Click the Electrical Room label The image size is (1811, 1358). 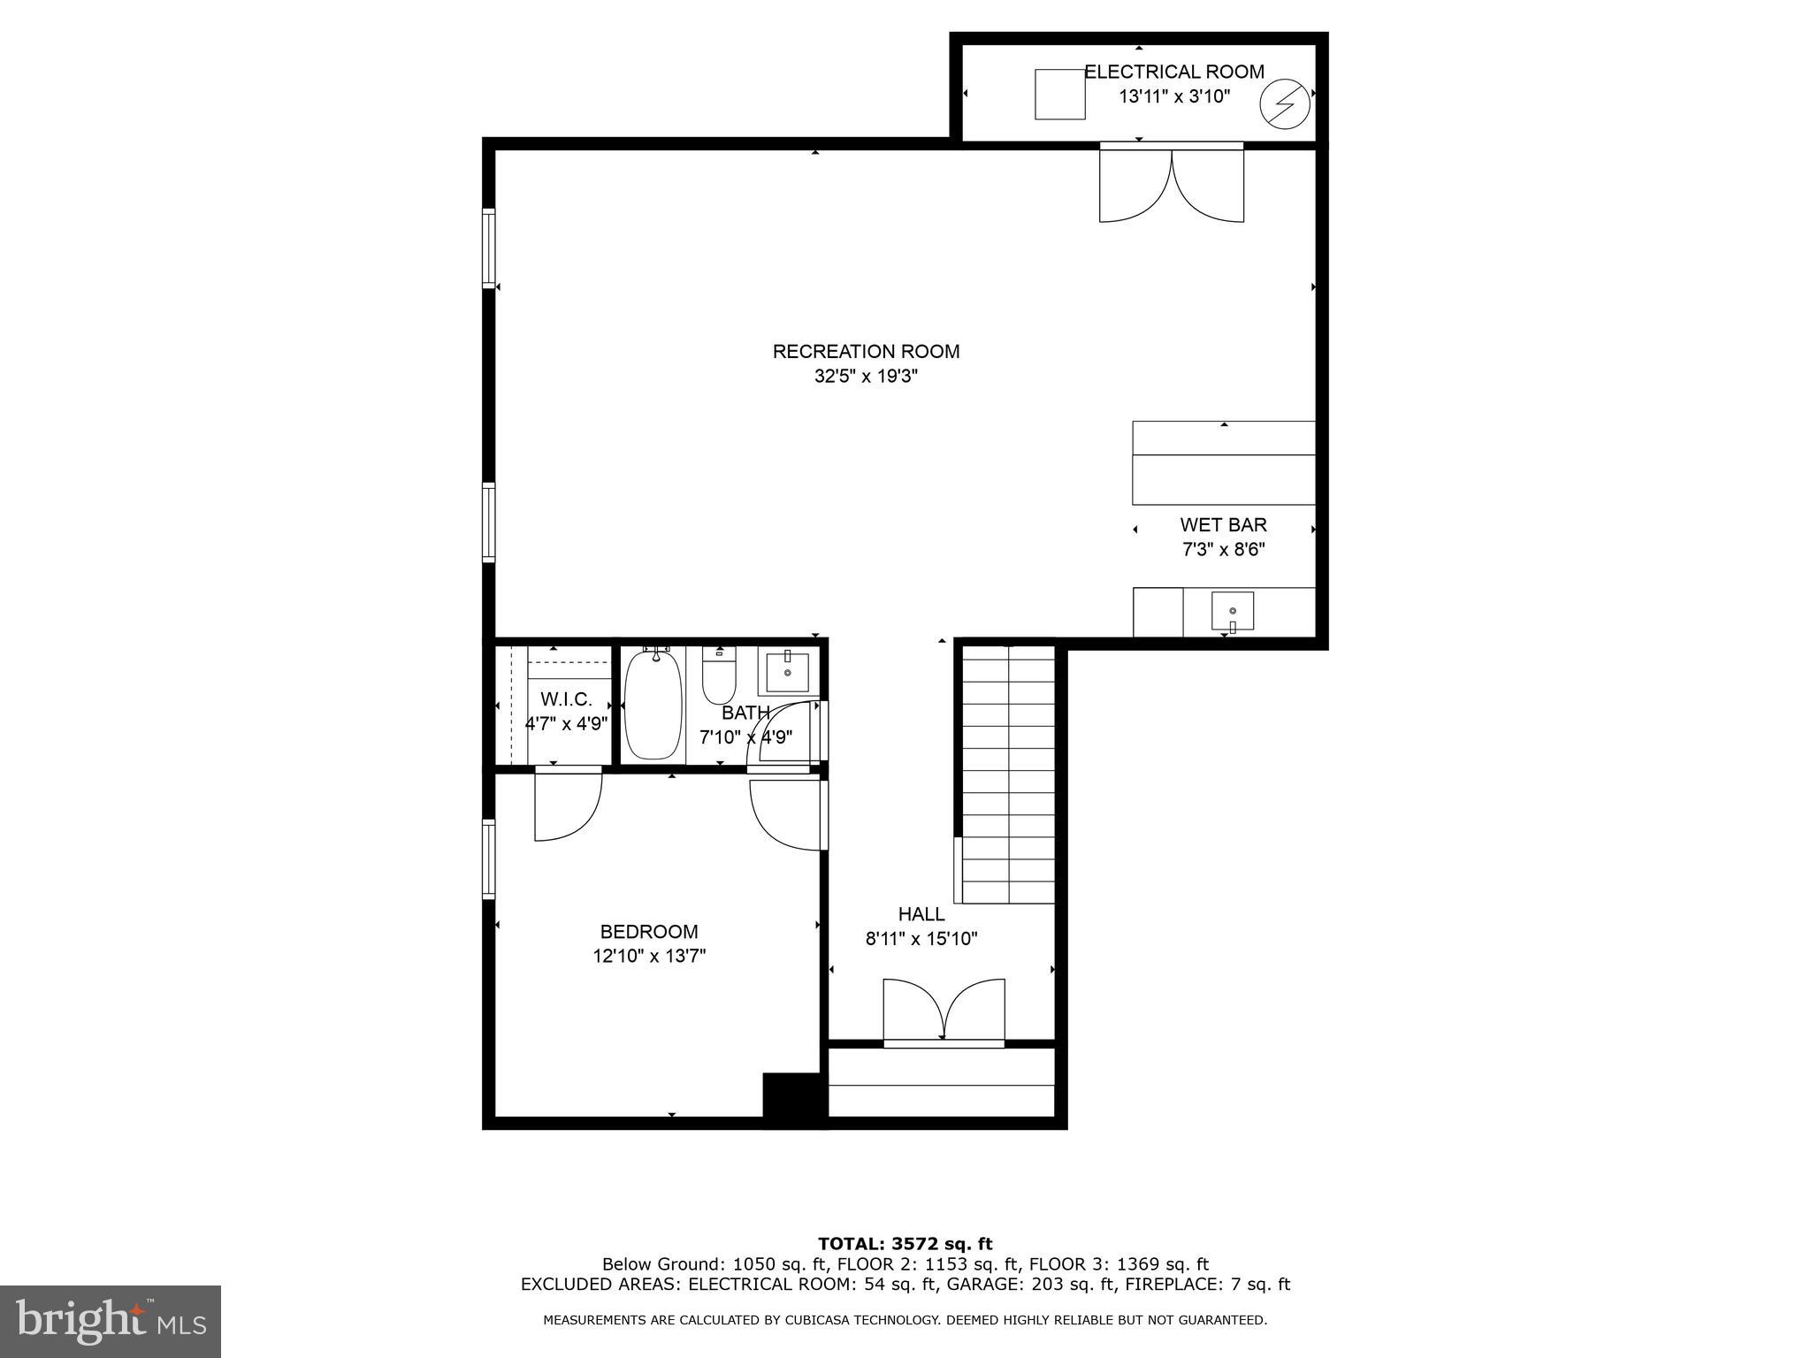(1173, 72)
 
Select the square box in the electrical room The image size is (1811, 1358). (1059, 94)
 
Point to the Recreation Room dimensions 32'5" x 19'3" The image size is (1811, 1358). (866, 377)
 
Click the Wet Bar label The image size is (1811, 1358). (1223, 525)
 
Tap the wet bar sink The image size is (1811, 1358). (1232, 611)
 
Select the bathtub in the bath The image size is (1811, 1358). (653, 704)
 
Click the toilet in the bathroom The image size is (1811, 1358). (719, 675)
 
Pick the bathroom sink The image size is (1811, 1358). (787, 672)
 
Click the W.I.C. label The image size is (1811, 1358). (566, 699)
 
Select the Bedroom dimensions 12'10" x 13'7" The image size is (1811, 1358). (649, 956)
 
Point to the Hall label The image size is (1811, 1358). (921, 914)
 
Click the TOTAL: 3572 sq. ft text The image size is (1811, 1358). (905, 1245)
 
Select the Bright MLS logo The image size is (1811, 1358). (111, 1321)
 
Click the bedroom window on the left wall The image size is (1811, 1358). (488, 858)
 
